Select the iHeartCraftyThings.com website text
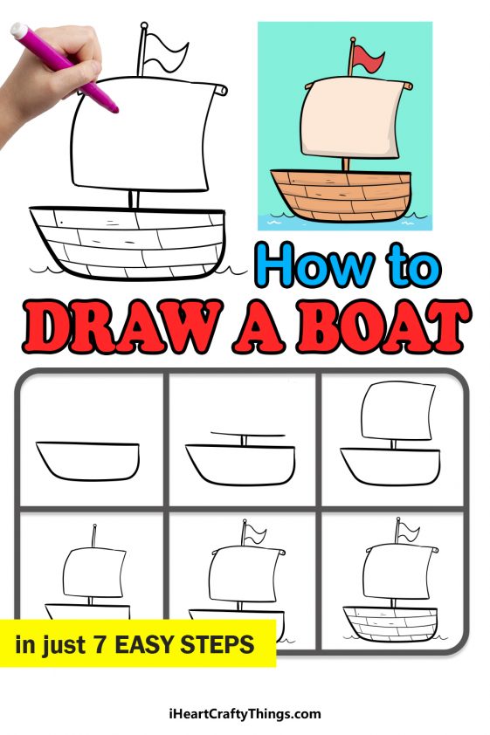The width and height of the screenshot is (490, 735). coord(245,713)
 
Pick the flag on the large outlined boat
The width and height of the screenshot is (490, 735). coord(165,53)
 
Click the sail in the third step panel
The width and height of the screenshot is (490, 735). coord(395,412)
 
